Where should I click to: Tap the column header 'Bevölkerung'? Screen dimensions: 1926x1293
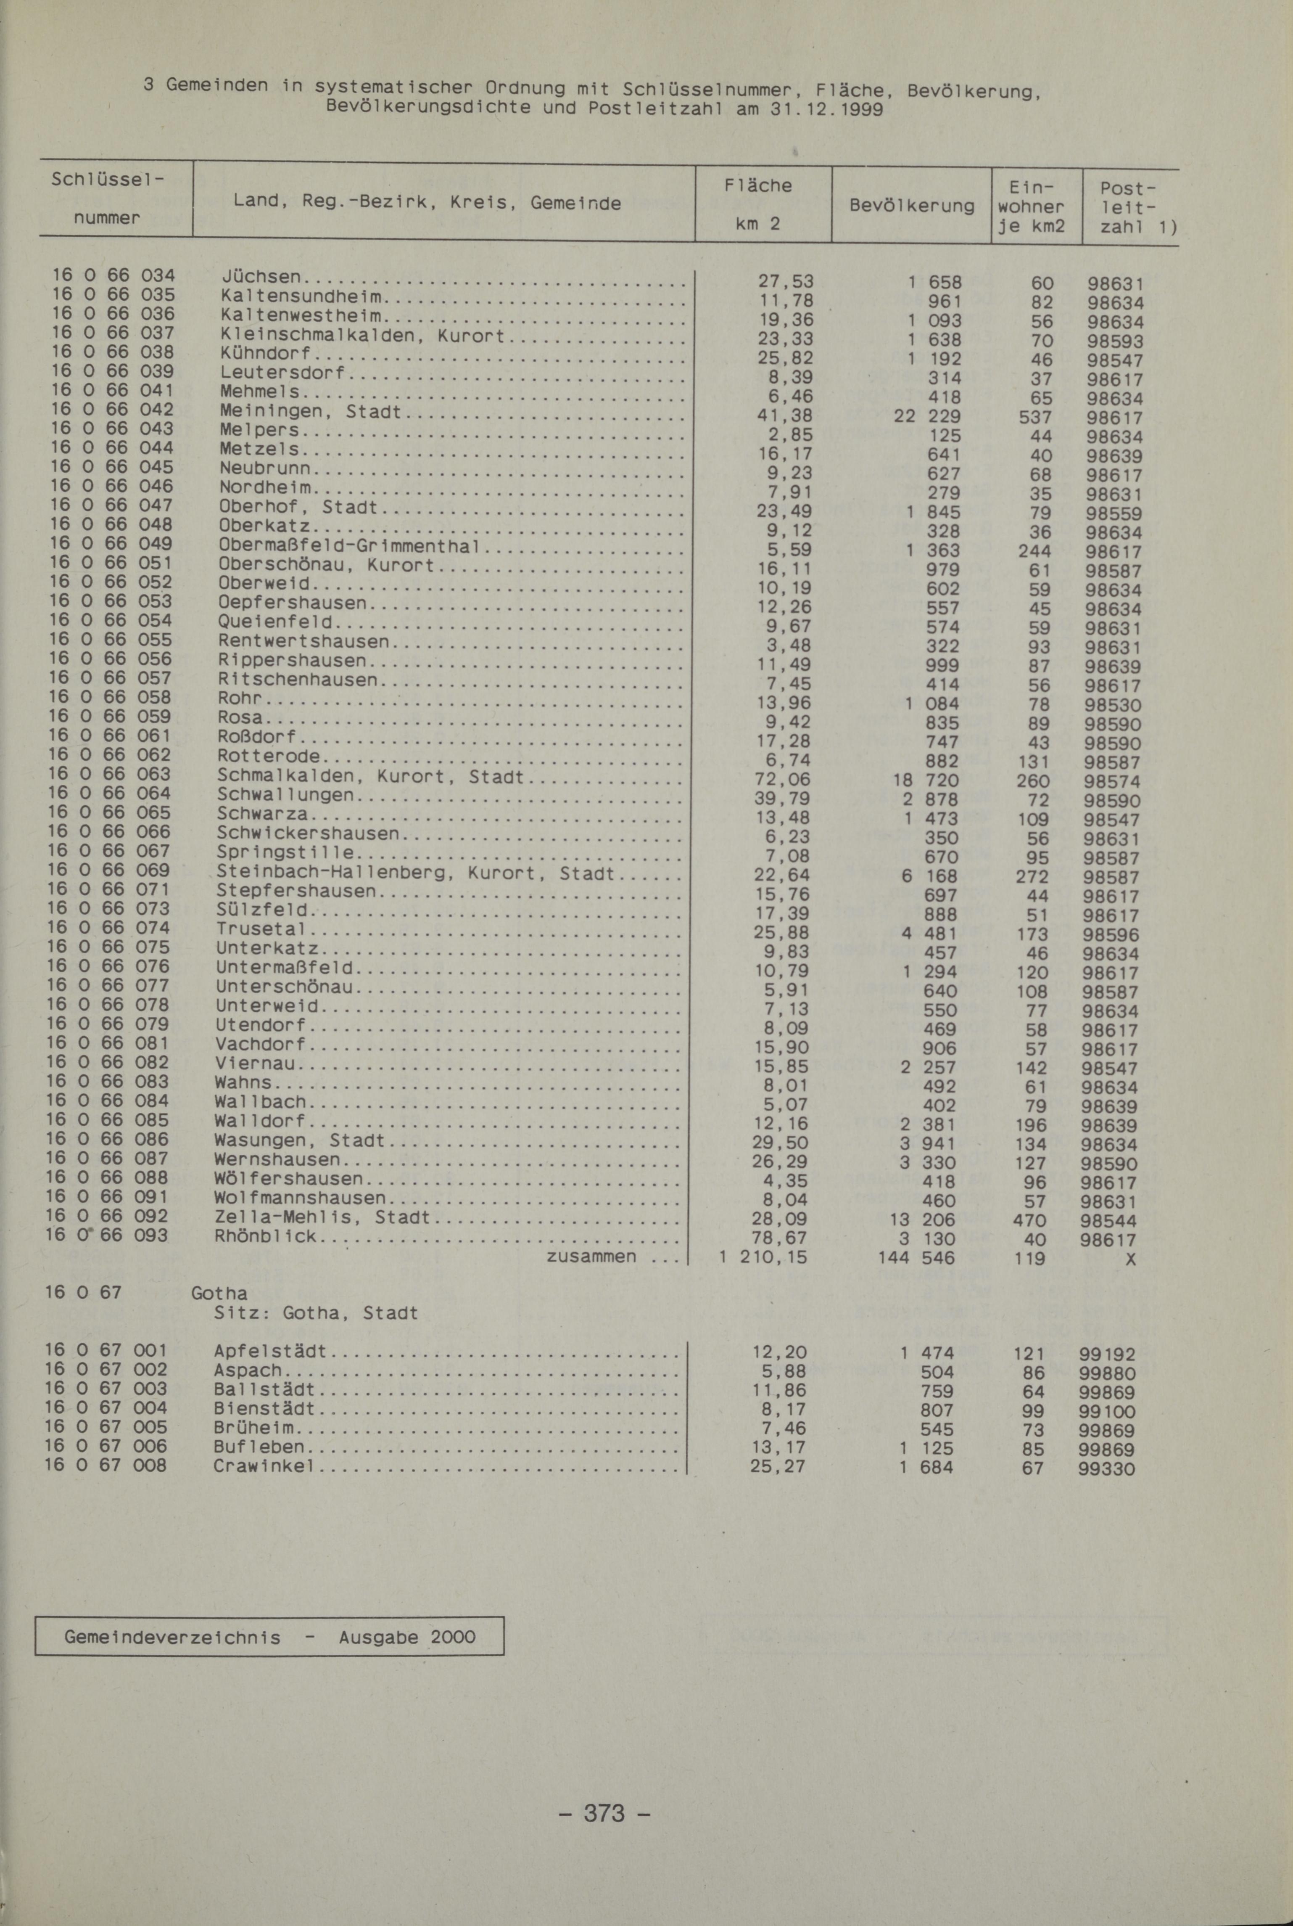[x=911, y=205]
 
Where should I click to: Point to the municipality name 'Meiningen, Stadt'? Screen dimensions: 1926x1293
[x=310, y=412]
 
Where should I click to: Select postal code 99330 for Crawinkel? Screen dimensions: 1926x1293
[x=1107, y=1469]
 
